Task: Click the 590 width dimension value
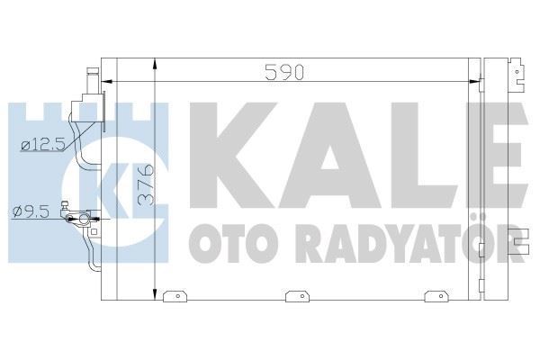pyautogui.click(x=284, y=73)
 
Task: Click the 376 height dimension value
pyautogui.click(x=146, y=185)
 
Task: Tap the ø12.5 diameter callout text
pyautogui.click(x=43, y=145)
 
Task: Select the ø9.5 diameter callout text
pyautogui.click(x=30, y=211)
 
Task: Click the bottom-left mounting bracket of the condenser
pyautogui.click(x=175, y=296)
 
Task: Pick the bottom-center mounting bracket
pyautogui.click(x=298, y=296)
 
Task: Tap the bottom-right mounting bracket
pyautogui.click(x=436, y=296)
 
